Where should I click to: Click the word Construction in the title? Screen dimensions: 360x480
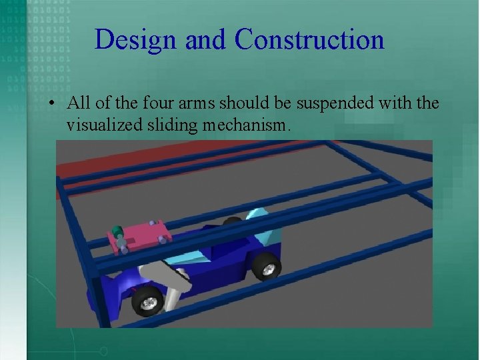tap(309, 40)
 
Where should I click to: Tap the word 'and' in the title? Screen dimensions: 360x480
tap(207, 40)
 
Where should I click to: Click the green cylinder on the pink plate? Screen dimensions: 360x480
tap(118, 232)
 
